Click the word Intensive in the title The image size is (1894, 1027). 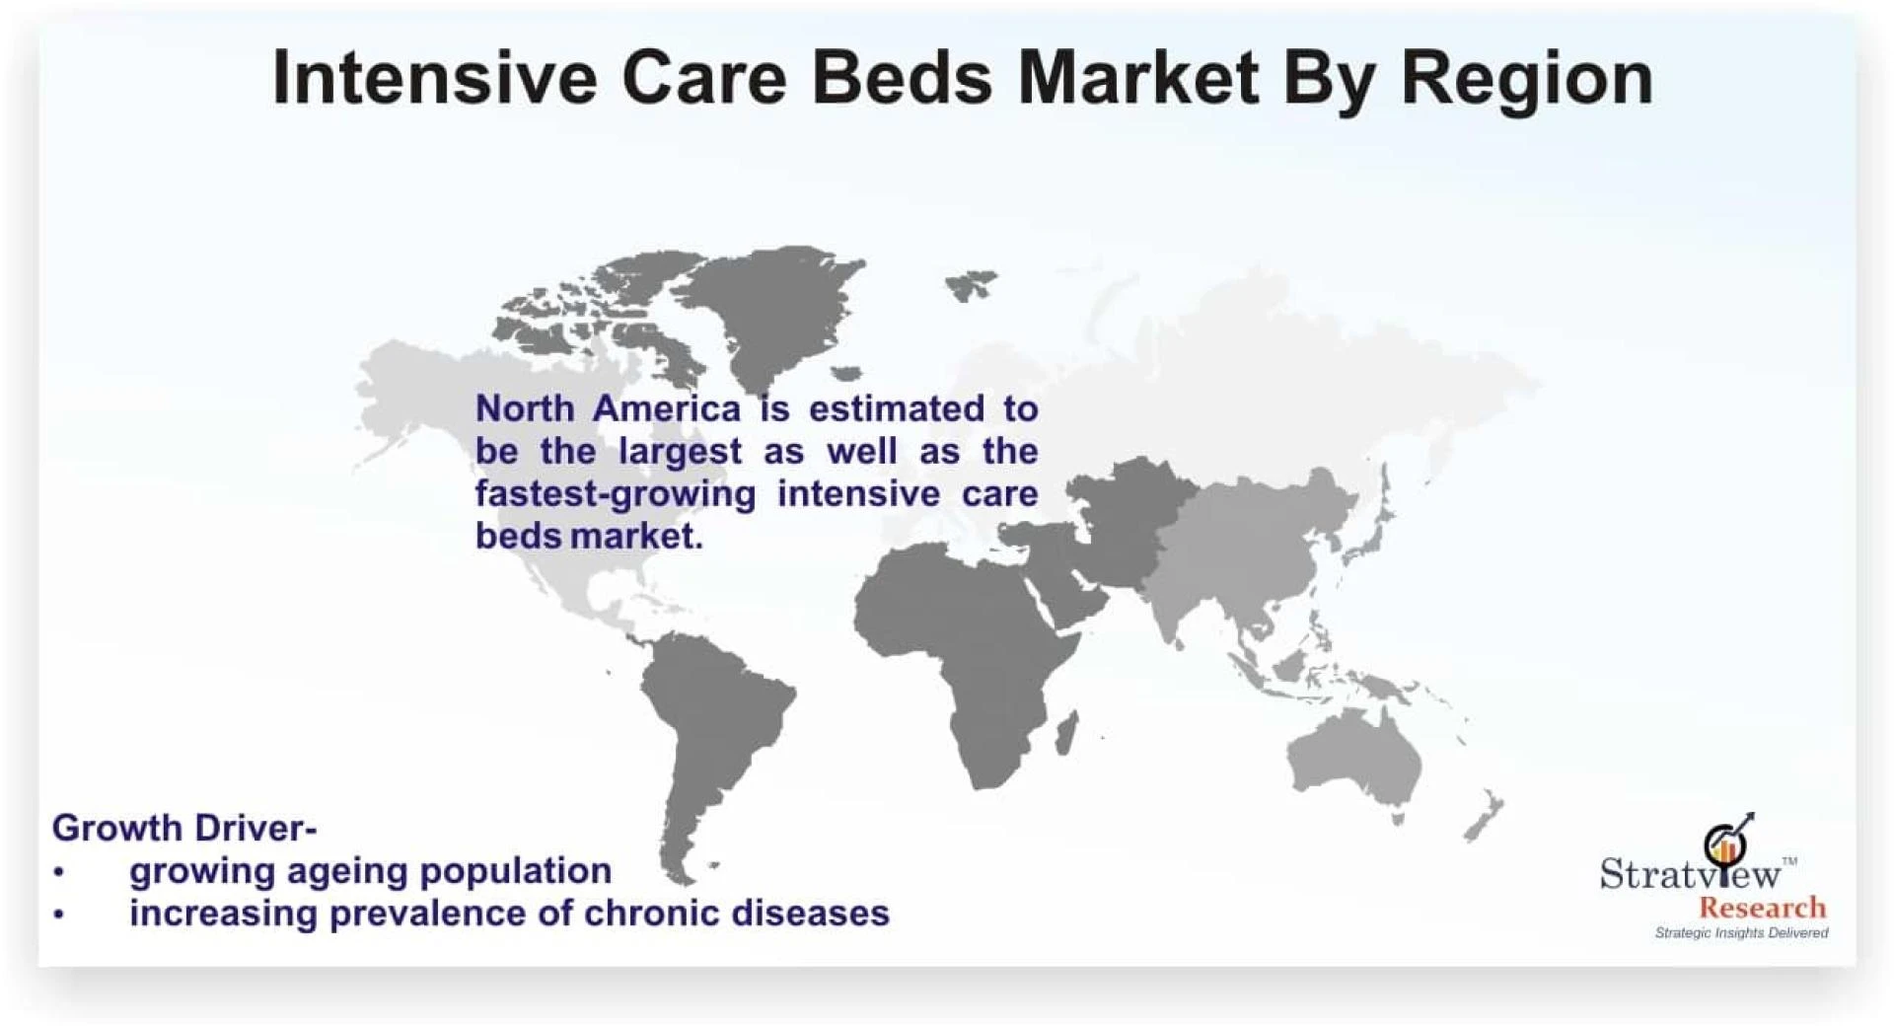[434, 77]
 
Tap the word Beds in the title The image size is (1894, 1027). [902, 77]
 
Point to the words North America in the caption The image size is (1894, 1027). [608, 408]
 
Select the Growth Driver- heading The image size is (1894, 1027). [184, 827]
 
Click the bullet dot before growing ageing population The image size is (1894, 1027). [59, 872]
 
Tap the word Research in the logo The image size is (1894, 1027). [1762, 907]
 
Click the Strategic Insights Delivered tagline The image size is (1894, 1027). [1741, 932]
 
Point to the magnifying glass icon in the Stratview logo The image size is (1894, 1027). [1725, 843]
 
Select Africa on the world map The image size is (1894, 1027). [962, 651]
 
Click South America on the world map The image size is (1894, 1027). [710, 730]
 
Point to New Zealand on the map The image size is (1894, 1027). [1486, 816]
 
